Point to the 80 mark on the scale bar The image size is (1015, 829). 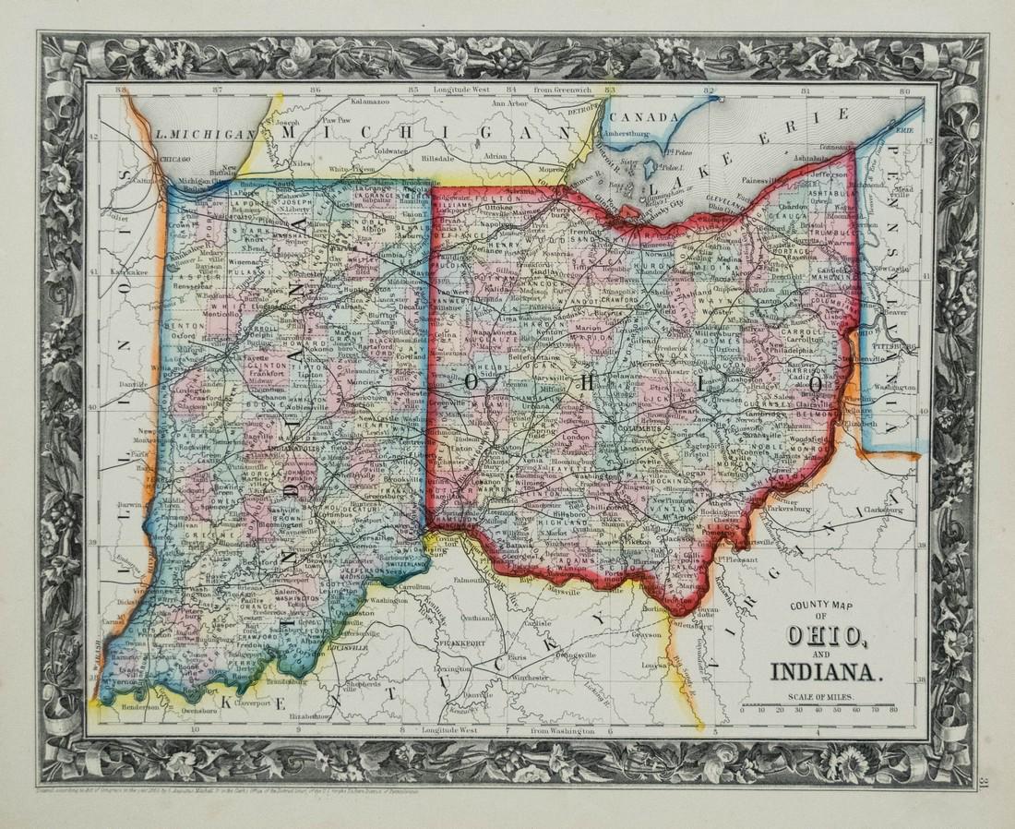click(892, 711)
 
